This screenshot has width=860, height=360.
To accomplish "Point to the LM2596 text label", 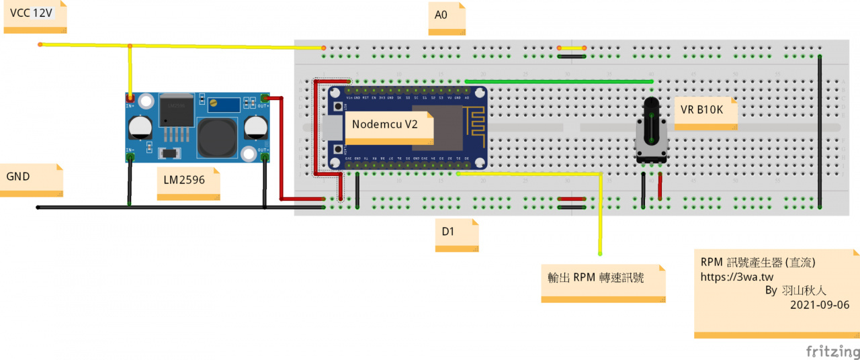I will [189, 182].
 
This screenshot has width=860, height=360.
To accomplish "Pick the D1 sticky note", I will [456, 236].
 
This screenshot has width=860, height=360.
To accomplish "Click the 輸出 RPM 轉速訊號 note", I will [603, 281].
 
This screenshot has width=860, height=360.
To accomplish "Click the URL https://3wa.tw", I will [737, 276].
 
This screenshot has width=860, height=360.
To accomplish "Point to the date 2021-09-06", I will [820, 305].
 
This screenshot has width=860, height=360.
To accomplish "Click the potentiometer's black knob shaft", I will [650, 121].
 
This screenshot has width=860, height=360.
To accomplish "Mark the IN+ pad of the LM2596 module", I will [130, 99].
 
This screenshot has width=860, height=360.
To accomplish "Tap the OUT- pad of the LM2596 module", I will [265, 157].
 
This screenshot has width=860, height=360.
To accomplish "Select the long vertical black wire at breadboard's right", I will [820, 131].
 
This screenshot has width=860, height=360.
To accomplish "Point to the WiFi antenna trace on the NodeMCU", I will [474, 121].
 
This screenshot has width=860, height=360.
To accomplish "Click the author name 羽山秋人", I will [804, 291].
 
